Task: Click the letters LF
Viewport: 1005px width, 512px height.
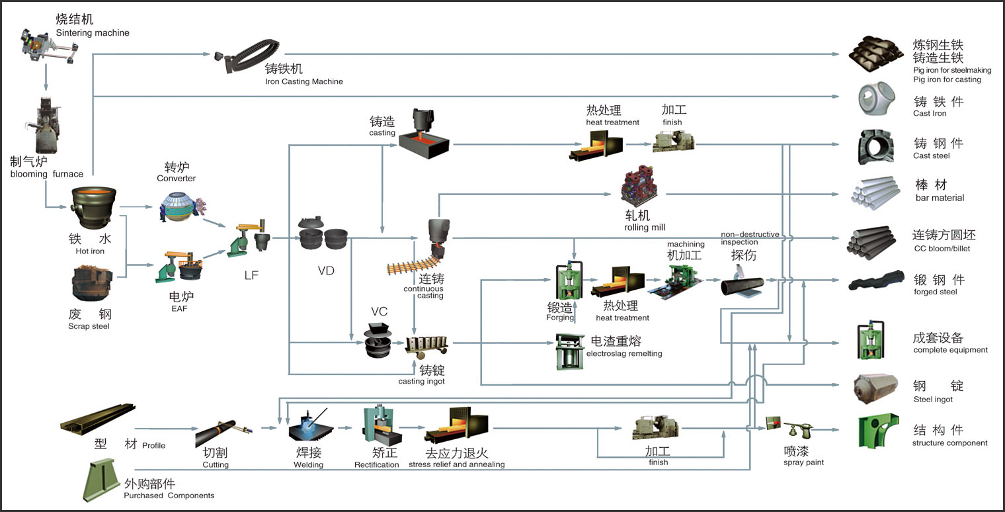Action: (251, 275)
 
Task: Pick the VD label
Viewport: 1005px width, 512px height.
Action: (325, 270)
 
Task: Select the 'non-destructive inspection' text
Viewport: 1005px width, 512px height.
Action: (749, 238)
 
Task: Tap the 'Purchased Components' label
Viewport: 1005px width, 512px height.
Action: (169, 495)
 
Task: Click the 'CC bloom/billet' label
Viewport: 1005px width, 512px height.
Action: (941, 249)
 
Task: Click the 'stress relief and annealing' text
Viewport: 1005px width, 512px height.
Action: (456, 464)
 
